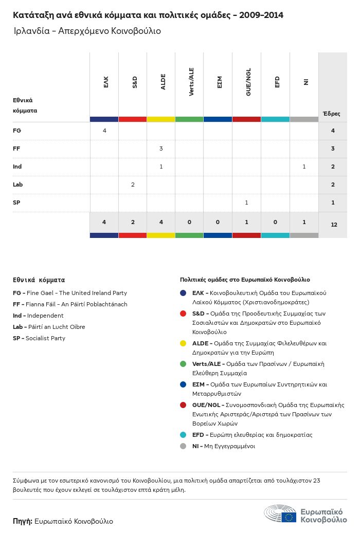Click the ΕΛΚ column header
pyautogui.click(x=104, y=82)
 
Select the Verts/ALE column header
pyautogui.click(x=190, y=82)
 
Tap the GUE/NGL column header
pyautogui.click(x=247, y=82)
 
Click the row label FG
pyautogui.click(x=17, y=131)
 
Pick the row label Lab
pyautogui.click(x=18, y=185)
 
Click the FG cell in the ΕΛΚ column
pyautogui.click(x=104, y=131)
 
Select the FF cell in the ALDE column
pyautogui.click(x=161, y=149)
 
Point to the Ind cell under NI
pyautogui.click(x=304, y=167)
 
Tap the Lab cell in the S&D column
pyautogui.click(x=133, y=185)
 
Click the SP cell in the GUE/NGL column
pyautogui.click(x=247, y=202)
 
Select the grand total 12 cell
pyautogui.click(x=333, y=225)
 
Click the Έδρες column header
pyautogui.click(x=331, y=114)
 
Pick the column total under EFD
pyautogui.click(x=275, y=222)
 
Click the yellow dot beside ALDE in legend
pyautogui.click(x=183, y=343)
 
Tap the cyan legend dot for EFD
pyautogui.click(x=183, y=435)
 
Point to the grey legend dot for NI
pyautogui.click(x=183, y=446)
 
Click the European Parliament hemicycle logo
pyautogui.click(x=280, y=513)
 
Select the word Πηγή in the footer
pyautogui.click(x=23, y=521)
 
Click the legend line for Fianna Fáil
pyautogui.click(x=70, y=304)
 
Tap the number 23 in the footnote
pyautogui.click(x=316, y=481)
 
